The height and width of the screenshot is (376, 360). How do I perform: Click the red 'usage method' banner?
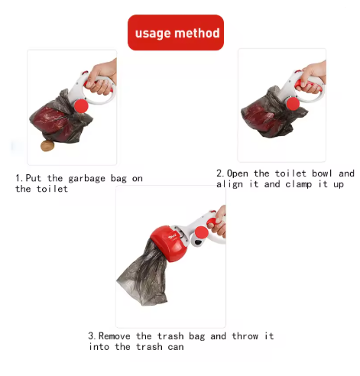click(176, 32)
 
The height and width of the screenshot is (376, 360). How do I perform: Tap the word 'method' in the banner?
click(197, 33)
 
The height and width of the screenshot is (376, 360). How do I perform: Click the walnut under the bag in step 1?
click(47, 146)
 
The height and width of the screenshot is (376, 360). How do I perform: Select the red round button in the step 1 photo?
click(81, 105)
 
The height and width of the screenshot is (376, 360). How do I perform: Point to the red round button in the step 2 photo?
click(293, 104)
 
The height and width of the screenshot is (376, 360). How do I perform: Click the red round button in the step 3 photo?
click(201, 233)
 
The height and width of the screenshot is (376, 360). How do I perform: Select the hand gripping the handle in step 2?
click(312, 77)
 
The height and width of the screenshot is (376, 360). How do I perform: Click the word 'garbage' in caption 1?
click(86, 179)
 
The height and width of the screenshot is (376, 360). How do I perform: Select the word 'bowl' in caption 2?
click(322, 173)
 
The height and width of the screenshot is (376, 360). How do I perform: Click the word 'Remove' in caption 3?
click(115, 336)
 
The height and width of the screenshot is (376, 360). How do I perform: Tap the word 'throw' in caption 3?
click(245, 336)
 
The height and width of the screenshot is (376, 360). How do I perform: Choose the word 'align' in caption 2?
click(229, 184)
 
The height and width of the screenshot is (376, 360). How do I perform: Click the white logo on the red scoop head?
click(172, 238)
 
